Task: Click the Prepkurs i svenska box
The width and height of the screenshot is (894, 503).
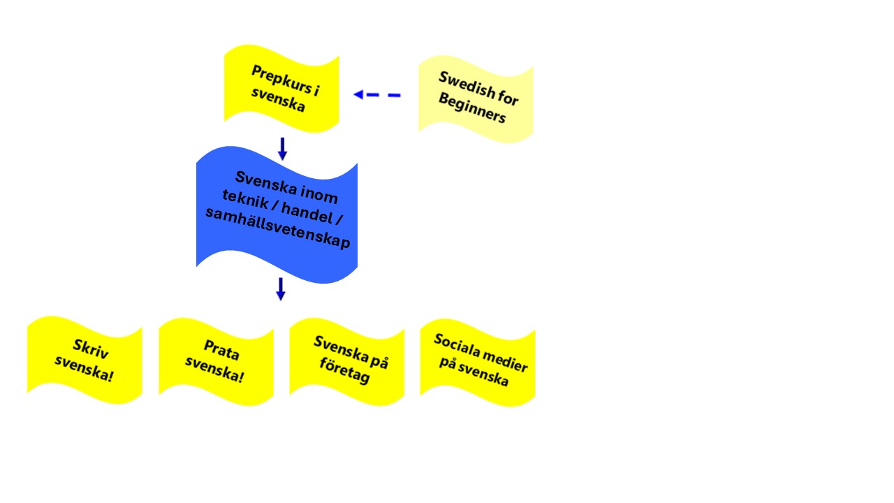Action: pyautogui.click(x=281, y=88)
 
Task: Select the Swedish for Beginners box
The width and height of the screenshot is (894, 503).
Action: pyautogui.click(x=476, y=99)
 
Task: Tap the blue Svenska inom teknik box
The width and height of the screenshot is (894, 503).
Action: pyautogui.click(x=277, y=214)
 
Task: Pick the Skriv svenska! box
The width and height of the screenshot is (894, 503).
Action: pyautogui.click(x=85, y=360)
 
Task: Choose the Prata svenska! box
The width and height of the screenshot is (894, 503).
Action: pyautogui.click(x=217, y=362)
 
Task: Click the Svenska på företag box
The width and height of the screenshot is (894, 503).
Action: pyautogui.click(x=347, y=362)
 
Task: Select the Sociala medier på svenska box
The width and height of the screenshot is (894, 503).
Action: pyautogui.click(x=478, y=363)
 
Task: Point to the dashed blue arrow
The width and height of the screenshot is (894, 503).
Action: pyautogui.click(x=376, y=94)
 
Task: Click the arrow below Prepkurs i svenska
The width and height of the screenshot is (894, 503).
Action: pyautogui.click(x=283, y=149)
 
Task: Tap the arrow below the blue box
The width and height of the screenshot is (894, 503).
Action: pyautogui.click(x=281, y=289)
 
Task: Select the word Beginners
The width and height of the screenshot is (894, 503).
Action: pyautogui.click(x=472, y=108)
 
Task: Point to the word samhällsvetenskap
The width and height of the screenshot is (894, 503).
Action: pyautogui.click(x=278, y=228)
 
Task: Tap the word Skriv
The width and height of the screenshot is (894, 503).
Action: pyautogui.click(x=91, y=349)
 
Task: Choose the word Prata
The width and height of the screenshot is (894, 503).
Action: pyautogui.click(x=221, y=350)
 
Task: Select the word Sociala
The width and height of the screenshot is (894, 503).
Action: pyautogui.click(x=457, y=345)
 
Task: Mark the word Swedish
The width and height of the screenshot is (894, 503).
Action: pyautogui.click(x=467, y=85)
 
